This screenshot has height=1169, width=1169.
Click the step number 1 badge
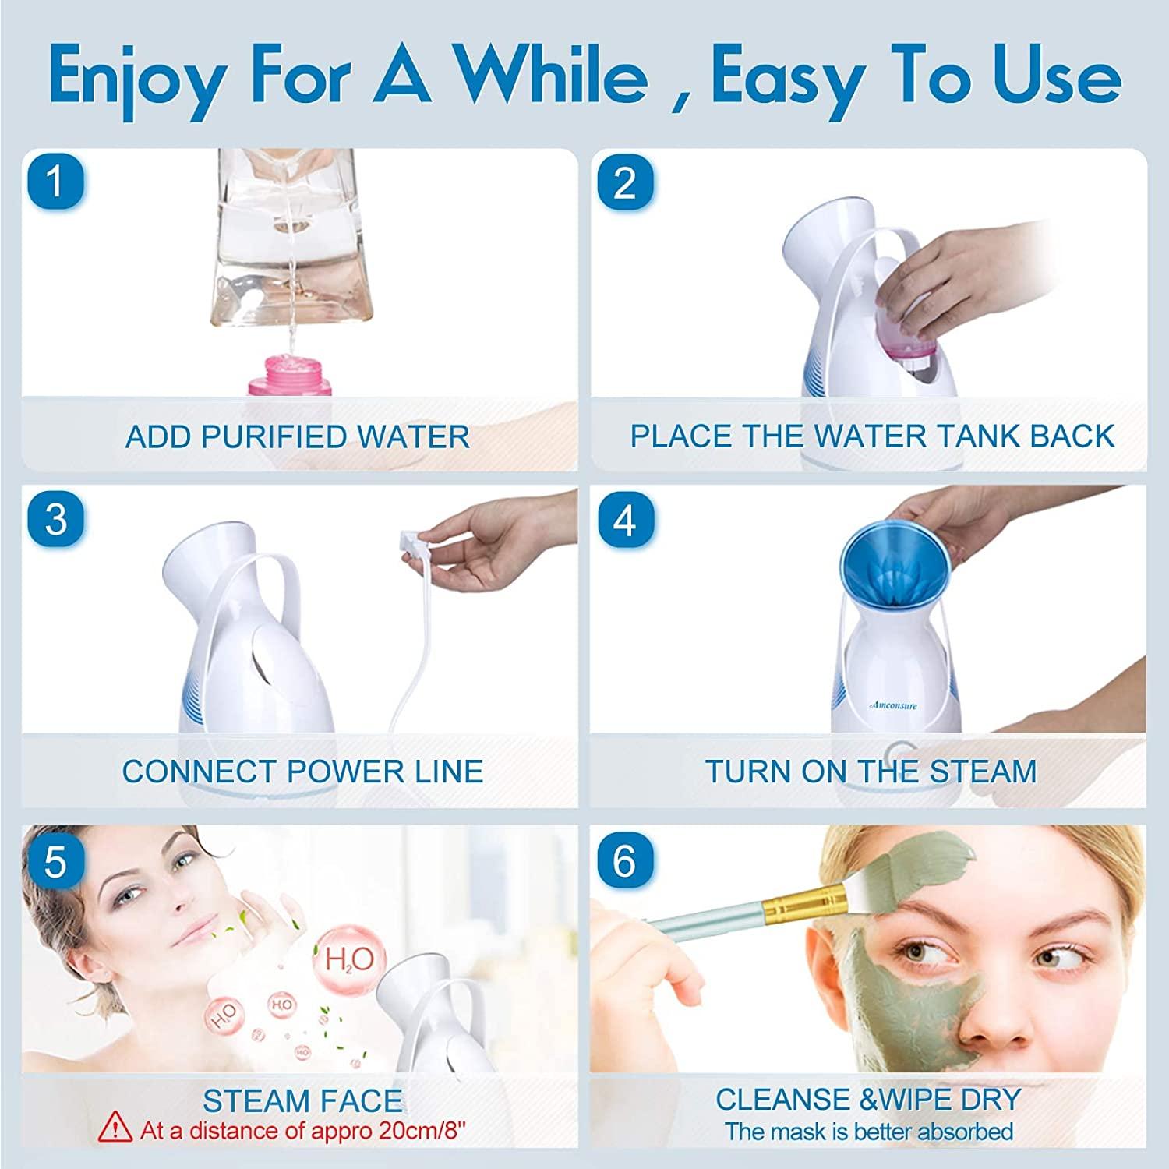point(55,182)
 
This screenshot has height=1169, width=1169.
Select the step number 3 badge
point(55,518)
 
